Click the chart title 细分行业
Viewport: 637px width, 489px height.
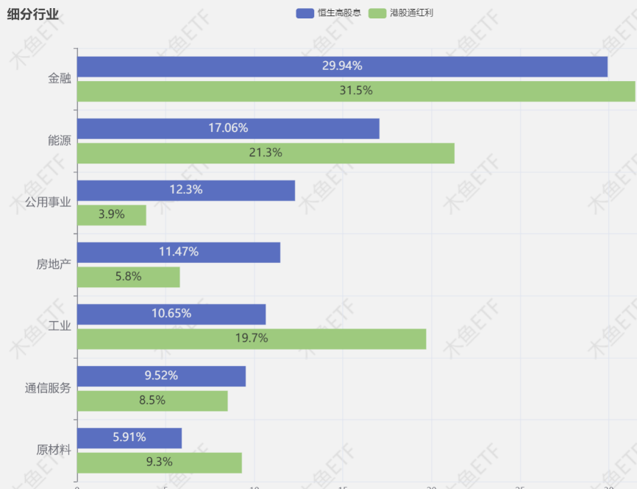pos(33,14)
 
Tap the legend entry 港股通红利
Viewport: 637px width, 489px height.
pos(401,13)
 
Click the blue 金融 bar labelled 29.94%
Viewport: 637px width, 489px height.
pos(342,66)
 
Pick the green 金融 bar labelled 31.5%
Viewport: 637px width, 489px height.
pos(356,91)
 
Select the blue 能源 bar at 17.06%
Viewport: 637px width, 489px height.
pos(228,128)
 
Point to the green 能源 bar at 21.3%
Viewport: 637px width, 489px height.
pos(266,153)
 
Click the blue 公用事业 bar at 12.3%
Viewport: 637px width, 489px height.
pos(186,190)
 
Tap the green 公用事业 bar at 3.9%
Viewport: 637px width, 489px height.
pos(112,215)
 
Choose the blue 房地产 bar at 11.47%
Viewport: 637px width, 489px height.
pos(179,252)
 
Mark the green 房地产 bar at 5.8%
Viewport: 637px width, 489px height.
pos(129,277)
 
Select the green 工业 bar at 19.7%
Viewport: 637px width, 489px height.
pos(252,339)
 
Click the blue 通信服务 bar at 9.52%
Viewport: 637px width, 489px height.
pos(161,376)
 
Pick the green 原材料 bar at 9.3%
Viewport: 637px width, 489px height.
pos(160,462)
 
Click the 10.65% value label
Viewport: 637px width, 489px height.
pos(171,314)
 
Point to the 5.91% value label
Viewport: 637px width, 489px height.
pos(129,437)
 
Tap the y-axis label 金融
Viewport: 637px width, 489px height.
pos(60,79)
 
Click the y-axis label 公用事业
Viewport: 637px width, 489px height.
pos(48,203)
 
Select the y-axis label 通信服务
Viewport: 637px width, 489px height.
pos(48,388)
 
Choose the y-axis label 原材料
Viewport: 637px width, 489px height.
pos(54,450)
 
